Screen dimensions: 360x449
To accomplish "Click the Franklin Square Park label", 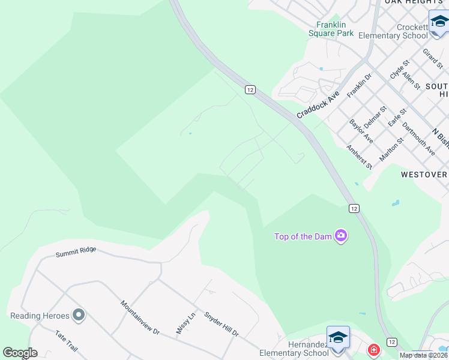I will point(331,29).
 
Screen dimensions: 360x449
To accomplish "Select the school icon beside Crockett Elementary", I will point(439,22).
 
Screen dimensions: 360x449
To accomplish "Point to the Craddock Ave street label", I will point(318,104).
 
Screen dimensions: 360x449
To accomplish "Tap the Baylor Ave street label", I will point(361,131).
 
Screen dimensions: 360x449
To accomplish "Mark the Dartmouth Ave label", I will point(418,139).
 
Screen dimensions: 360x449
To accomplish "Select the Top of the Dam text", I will point(303,236).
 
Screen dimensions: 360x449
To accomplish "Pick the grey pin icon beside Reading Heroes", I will point(78,315).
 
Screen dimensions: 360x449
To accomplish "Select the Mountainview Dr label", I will point(139,317).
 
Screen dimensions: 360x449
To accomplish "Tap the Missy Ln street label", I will point(185,323).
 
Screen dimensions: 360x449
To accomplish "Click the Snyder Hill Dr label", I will point(221,324).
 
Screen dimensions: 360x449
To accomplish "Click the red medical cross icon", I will point(373,350).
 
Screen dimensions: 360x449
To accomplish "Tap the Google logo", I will point(20,353).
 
